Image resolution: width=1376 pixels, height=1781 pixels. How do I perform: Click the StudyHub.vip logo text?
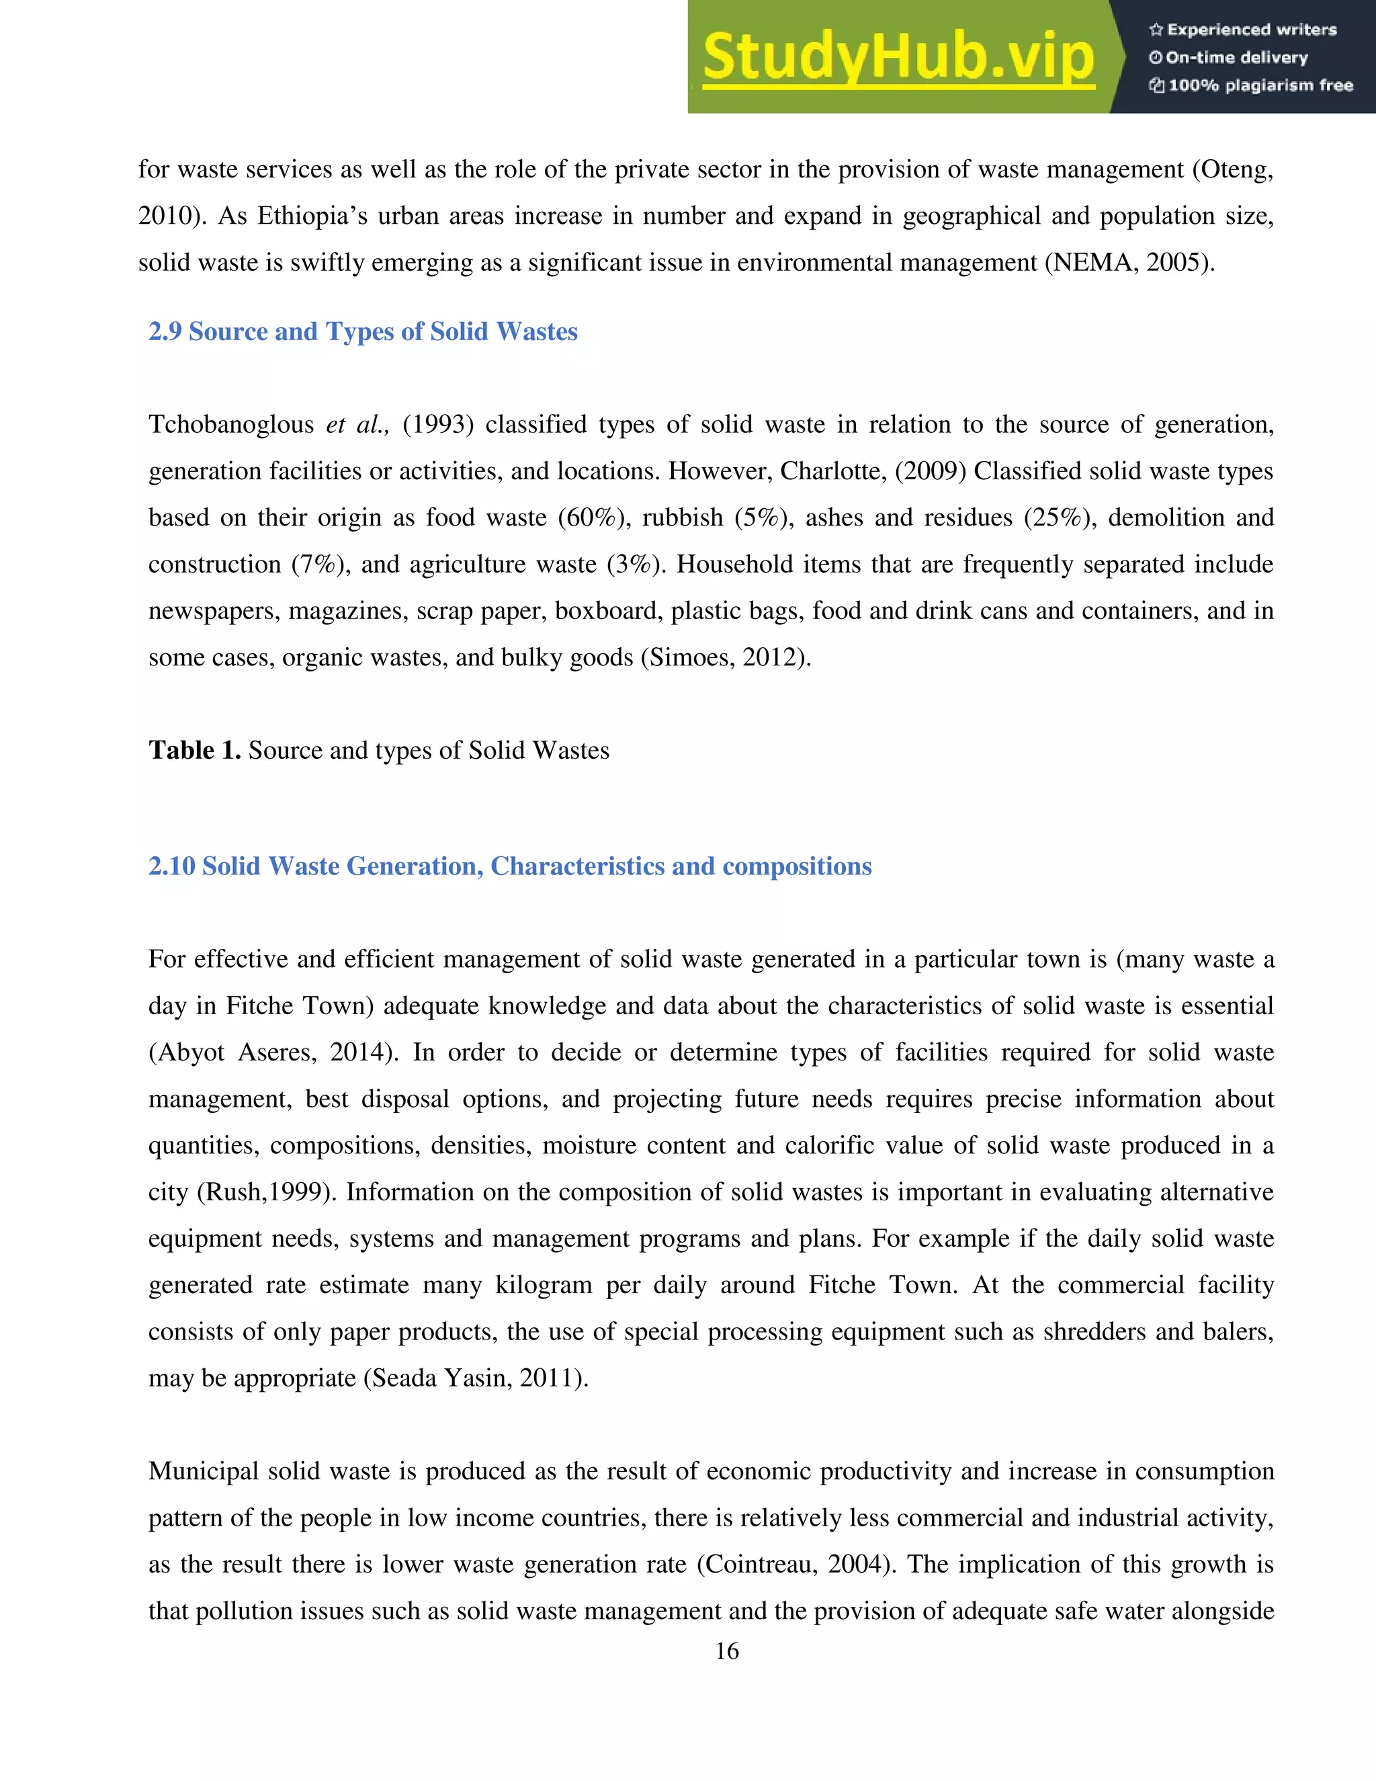point(898,57)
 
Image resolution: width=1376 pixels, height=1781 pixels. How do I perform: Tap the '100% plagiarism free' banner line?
point(1251,85)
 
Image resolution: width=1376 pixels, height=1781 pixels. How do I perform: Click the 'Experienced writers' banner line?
point(1243,30)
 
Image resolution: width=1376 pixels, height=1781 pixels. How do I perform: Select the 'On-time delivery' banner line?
point(1230,58)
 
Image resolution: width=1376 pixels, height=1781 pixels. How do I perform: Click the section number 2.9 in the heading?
point(165,332)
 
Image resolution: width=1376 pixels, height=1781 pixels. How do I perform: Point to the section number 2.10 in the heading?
point(171,866)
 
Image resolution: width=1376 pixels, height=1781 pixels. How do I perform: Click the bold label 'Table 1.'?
point(194,750)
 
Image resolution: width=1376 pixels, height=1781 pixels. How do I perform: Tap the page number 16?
point(726,1651)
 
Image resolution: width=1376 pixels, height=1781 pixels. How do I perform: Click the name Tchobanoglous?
point(230,425)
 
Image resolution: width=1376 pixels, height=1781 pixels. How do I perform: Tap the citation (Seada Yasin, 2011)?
point(475,1378)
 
